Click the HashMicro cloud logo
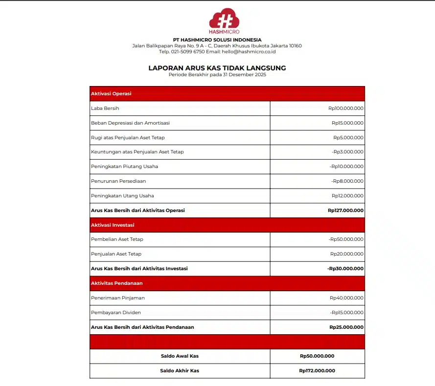point(224,20)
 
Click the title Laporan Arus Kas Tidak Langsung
point(217,68)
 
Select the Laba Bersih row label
point(105,108)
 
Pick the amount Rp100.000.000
point(346,108)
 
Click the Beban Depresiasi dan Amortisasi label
point(130,123)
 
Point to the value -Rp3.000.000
point(347,152)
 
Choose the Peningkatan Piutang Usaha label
point(124,167)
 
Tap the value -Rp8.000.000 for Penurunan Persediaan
point(347,181)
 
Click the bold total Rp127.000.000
point(345,211)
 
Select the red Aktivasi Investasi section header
point(113,225)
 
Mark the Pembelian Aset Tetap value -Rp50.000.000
point(346,239)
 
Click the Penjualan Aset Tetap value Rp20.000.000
point(347,254)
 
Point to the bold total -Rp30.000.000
point(345,269)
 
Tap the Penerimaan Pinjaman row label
point(118,298)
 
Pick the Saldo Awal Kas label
point(180,356)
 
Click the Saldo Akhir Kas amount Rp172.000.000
point(317,371)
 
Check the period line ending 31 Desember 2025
point(217,75)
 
